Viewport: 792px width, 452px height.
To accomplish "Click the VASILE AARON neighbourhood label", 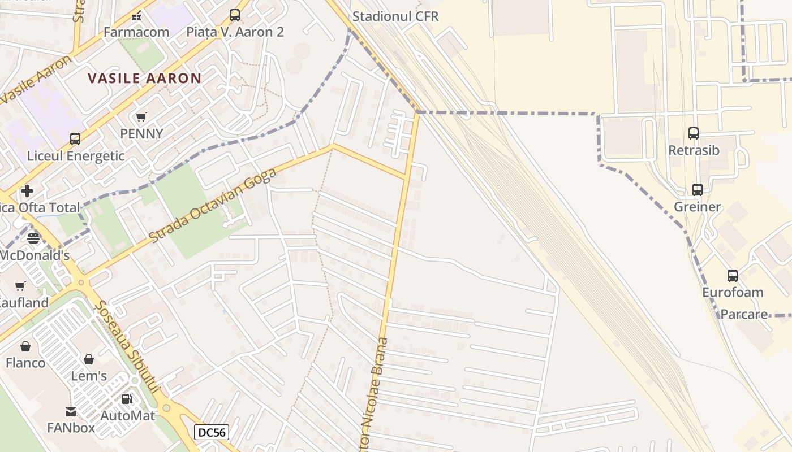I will pos(145,78).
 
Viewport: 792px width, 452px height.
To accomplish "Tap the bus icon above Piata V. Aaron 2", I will pos(235,15).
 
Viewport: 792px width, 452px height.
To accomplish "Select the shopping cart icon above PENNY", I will pos(141,117).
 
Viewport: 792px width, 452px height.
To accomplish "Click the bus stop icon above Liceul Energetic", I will pos(75,138).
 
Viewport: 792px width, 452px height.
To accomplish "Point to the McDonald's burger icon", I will pos(33,238).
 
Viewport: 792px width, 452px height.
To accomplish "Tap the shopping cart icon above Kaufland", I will pos(20,286).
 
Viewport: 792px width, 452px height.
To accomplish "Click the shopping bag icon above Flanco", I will pos(25,346).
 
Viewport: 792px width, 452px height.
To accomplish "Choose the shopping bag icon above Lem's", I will pos(89,359).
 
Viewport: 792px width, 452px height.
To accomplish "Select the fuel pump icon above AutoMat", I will pos(127,399).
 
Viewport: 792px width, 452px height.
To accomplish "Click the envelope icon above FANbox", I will pos(71,411).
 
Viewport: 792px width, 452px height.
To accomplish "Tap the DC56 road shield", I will pos(212,433).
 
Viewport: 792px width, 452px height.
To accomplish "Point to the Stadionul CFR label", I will pos(395,16).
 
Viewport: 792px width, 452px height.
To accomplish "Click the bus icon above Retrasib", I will pos(694,133).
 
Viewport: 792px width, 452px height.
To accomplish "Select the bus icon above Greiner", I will pos(698,189).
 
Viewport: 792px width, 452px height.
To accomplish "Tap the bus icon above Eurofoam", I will pos(733,276).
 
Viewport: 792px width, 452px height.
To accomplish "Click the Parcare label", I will pos(744,314).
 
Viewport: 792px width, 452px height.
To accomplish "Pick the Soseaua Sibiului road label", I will pos(128,350).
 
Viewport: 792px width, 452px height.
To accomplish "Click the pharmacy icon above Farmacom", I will pos(136,15).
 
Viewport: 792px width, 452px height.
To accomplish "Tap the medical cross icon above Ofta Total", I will pos(27,191).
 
